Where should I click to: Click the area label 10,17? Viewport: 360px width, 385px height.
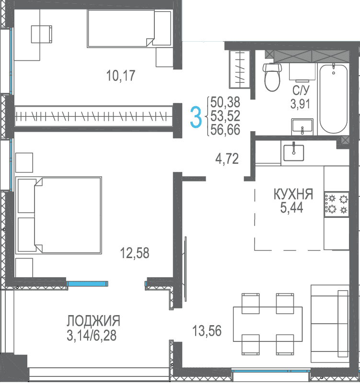click(121, 76)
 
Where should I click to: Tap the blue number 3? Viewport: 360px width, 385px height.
click(196, 117)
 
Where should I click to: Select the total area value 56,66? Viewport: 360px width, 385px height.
click(225, 130)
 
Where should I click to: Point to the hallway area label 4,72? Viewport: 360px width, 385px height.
click(227, 159)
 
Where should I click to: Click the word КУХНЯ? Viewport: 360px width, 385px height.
click(293, 194)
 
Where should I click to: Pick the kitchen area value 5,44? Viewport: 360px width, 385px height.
click(291, 208)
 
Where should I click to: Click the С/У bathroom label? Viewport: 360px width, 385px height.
click(301, 91)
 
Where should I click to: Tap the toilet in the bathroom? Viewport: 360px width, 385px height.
click(272, 77)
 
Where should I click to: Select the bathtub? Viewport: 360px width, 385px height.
click(334, 98)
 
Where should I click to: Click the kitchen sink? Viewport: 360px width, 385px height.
click(294, 152)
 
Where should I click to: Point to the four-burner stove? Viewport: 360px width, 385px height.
click(337, 204)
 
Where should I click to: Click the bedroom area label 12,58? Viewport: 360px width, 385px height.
click(134, 253)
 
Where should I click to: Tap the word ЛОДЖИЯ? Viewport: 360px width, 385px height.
click(93, 321)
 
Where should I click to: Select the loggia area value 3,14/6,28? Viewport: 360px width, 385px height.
click(92, 335)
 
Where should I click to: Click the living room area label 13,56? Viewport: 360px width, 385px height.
click(207, 330)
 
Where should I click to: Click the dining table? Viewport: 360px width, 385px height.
click(267, 324)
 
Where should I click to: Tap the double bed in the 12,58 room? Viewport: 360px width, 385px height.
click(58, 215)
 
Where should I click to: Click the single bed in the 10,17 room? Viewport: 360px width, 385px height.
click(129, 28)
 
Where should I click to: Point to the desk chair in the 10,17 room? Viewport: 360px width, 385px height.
click(42, 34)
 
